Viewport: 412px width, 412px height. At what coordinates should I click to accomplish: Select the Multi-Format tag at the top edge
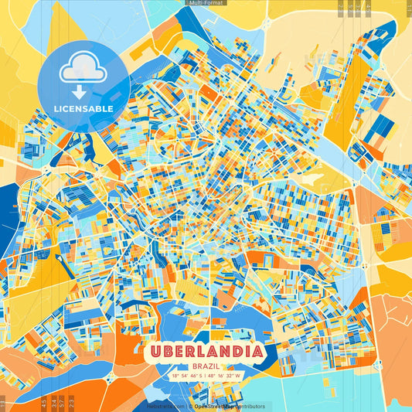pos(206,3)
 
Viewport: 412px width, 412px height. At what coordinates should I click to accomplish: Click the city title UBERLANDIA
pos(206,351)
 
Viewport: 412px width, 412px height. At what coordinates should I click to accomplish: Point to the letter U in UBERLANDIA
pos(157,351)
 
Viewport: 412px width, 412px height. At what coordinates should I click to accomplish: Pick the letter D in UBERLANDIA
pos(233,351)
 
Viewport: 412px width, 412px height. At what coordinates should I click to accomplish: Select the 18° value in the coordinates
pos(175,376)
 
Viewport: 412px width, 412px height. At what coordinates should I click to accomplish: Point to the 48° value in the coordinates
pos(213,376)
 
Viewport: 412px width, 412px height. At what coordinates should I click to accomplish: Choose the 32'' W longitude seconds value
pos(234,376)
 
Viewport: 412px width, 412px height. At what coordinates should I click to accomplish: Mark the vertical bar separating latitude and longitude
pos(205,376)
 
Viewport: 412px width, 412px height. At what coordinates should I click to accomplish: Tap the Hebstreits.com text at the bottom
pos(165,406)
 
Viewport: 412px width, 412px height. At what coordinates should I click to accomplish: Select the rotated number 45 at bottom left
pos(43,402)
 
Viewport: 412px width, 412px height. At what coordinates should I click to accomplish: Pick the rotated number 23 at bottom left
pos(72,402)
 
